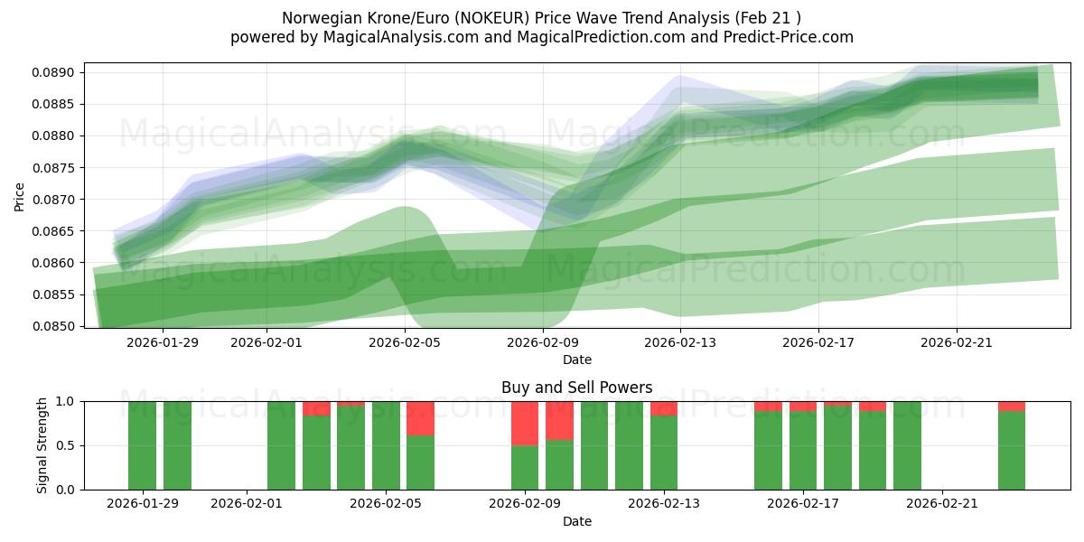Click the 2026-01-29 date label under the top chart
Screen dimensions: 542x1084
point(163,342)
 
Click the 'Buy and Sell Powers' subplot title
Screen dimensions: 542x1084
point(576,388)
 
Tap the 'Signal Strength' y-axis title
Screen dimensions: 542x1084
point(42,445)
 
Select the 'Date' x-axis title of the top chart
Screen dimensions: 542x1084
point(576,360)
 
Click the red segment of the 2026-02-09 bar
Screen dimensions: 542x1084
point(525,423)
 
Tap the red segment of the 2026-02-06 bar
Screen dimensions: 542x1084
point(420,417)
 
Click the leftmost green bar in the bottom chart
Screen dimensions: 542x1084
point(142,445)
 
